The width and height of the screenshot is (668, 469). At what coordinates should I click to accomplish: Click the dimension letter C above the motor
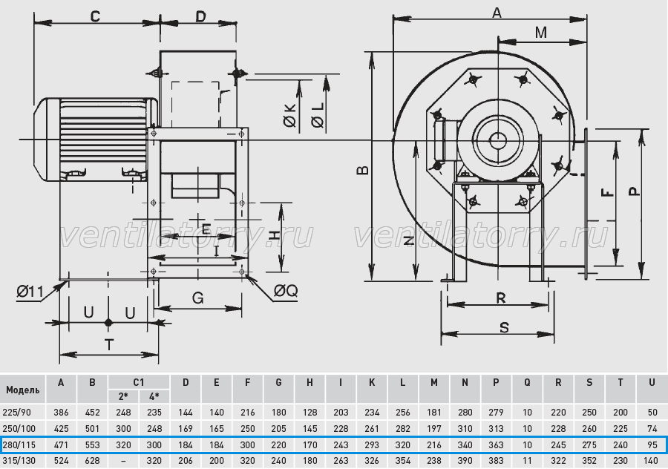click(x=95, y=16)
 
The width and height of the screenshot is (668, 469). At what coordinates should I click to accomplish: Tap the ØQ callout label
click(x=286, y=291)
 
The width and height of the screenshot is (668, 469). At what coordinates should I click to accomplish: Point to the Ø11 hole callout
click(x=30, y=292)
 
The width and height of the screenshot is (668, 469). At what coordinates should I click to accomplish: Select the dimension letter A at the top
click(x=497, y=13)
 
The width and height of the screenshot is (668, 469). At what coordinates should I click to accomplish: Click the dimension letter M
click(x=540, y=33)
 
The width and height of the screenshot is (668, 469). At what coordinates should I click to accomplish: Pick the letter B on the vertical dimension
click(x=362, y=171)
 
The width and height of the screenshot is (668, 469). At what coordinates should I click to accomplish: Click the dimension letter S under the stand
click(x=504, y=327)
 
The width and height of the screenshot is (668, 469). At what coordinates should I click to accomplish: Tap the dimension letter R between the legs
click(x=501, y=298)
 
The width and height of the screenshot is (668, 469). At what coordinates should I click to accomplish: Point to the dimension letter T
click(x=110, y=344)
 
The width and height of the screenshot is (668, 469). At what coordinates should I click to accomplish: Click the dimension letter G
click(x=197, y=298)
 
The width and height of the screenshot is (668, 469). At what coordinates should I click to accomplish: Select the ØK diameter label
click(x=289, y=115)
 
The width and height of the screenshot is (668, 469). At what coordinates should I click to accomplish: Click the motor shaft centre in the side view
click(x=497, y=140)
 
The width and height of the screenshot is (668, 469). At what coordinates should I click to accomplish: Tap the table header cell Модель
click(x=23, y=390)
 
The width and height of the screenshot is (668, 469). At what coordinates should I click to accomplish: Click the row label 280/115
click(x=19, y=445)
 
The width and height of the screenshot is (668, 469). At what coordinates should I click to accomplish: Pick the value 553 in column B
click(x=93, y=445)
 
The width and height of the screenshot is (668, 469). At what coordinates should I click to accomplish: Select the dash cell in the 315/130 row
click(x=123, y=461)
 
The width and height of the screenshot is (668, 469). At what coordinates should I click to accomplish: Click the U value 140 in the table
click(x=652, y=461)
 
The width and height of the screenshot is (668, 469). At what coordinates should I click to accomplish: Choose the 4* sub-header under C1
click(x=154, y=396)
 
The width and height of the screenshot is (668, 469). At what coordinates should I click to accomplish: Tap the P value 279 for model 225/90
click(x=496, y=413)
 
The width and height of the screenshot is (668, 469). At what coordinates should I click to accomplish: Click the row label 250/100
click(x=19, y=428)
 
